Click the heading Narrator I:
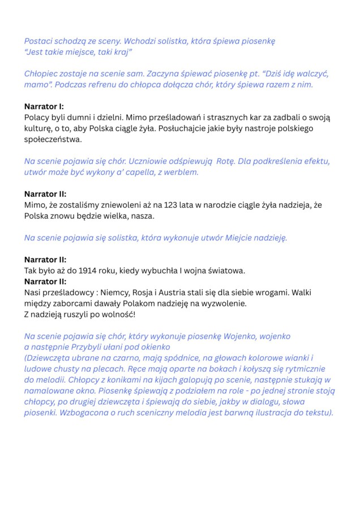tap(44, 106)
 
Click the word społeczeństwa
tap(53, 139)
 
